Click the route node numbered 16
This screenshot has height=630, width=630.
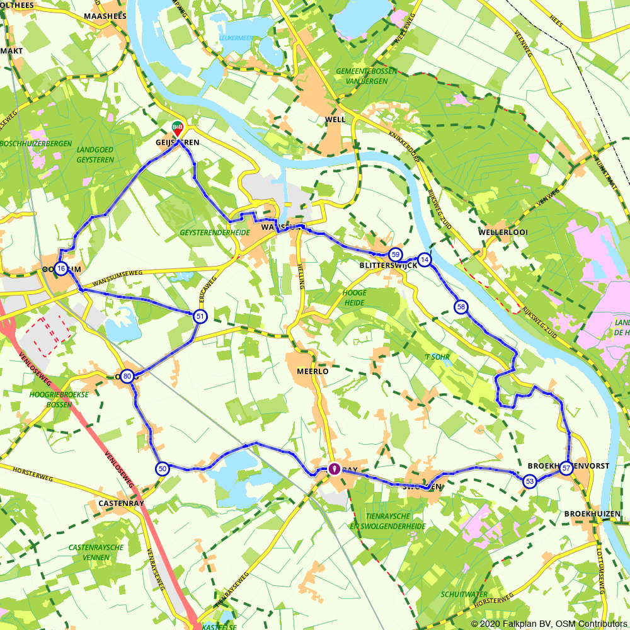[61, 269]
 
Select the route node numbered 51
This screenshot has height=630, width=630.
[200, 316]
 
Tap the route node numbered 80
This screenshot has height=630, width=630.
[127, 377]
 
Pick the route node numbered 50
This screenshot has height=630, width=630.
[163, 469]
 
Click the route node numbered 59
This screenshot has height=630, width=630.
[395, 255]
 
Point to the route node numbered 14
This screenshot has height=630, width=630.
[425, 260]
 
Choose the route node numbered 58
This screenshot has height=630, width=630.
[461, 307]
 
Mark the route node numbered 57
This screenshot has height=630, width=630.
[566, 468]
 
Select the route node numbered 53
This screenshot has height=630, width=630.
[529, 481]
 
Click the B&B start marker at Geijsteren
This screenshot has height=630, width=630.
[178, 128]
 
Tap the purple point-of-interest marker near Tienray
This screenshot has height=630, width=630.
[334, 469]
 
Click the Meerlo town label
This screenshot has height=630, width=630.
[312, 372]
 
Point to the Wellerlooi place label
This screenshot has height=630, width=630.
[503, 232]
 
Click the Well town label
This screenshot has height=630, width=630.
[335, 119]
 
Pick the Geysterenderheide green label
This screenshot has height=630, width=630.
[215, 232]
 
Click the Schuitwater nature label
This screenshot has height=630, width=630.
[464, 594]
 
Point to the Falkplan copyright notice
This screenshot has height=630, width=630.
[547, 623]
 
